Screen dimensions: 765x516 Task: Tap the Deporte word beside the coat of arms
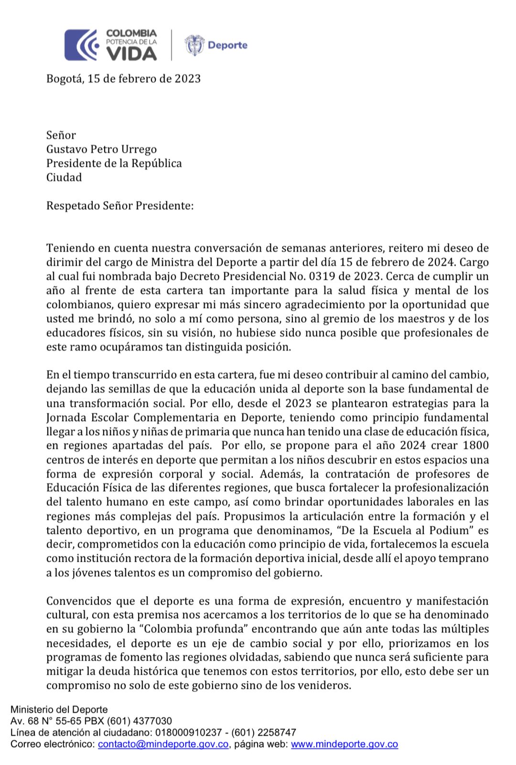point(227,45)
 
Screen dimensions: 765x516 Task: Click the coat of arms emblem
point(194,45)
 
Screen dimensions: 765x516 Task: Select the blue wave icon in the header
point(81,45)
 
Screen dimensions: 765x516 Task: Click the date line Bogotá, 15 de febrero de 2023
point(123,78)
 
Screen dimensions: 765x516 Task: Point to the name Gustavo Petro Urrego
point(101,149)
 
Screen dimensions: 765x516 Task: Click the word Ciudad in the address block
point(64,177)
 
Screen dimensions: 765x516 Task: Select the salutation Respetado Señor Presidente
point(120,206)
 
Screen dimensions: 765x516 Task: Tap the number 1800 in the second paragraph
point(475,446)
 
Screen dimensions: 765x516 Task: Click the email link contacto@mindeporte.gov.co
point(163,744)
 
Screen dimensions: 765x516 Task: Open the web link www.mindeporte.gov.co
point(344,744)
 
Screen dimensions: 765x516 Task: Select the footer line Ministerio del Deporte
point(59,710)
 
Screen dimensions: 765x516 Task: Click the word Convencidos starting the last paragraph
point(80,601)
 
